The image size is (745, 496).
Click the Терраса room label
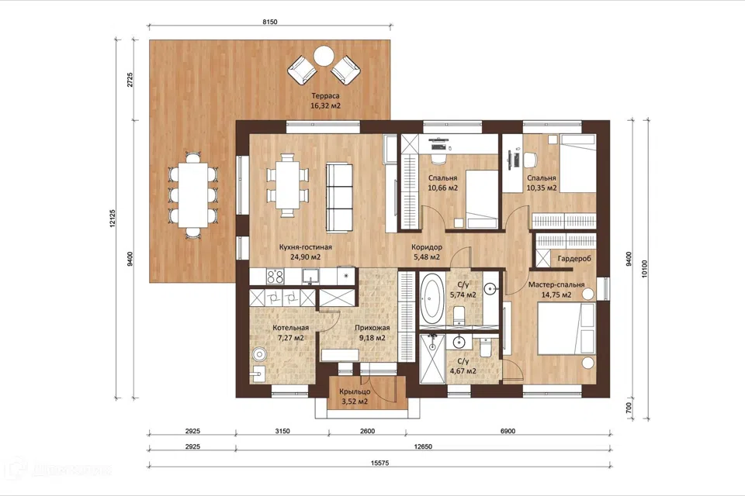point(325,96)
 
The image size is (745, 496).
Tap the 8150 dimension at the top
point(269,22)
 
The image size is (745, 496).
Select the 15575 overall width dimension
point(379,463)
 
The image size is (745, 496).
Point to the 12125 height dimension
point(112,219)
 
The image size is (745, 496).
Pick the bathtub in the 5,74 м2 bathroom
point(431,298)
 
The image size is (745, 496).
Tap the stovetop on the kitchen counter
point(275,276)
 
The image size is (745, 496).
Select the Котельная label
point(291,328)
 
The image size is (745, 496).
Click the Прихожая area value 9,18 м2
point(372,339)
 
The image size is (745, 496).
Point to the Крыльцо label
point(355,392)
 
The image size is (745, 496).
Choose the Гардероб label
point(574,259)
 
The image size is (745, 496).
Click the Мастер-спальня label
point(556,284)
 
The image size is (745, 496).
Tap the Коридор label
point(427,247)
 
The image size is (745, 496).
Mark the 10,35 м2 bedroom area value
point(542,188)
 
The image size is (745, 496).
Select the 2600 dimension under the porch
point(367,431)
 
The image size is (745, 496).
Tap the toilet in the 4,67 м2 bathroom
point(486,347)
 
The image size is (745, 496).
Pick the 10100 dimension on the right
point(644,269)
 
